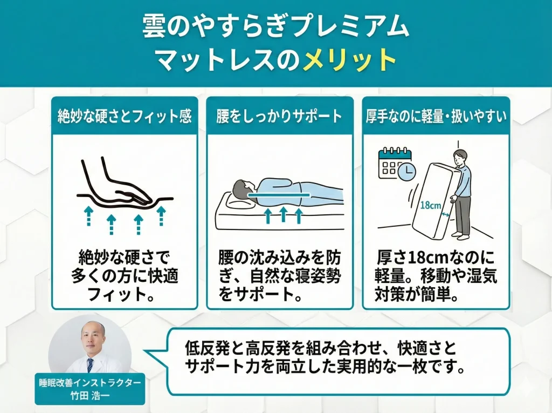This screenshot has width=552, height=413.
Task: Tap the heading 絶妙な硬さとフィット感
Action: click(125, 117)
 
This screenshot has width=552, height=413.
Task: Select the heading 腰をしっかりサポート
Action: click(280, 117)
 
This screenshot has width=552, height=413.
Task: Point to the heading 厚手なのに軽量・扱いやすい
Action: click(436, 117)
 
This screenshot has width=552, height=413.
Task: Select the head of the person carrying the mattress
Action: click(458, 158)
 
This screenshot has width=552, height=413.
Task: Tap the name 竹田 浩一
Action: click(90, 394)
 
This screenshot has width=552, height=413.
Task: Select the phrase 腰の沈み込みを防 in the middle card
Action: click(280, 257)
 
